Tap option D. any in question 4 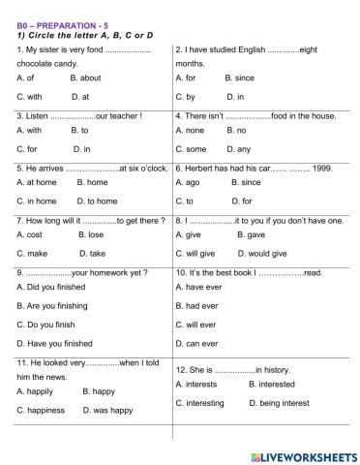pos(237,148)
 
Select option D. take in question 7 pos(89,253)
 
